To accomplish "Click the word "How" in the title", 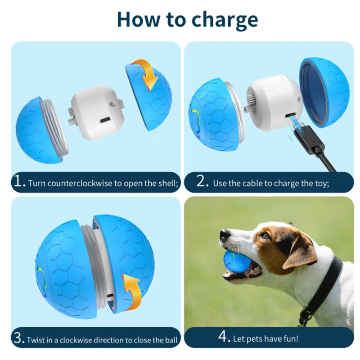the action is click(138, 19).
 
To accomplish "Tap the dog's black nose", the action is click(225, 234).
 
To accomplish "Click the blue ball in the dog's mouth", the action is click(237, 262).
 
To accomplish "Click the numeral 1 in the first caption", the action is click(18, 181).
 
